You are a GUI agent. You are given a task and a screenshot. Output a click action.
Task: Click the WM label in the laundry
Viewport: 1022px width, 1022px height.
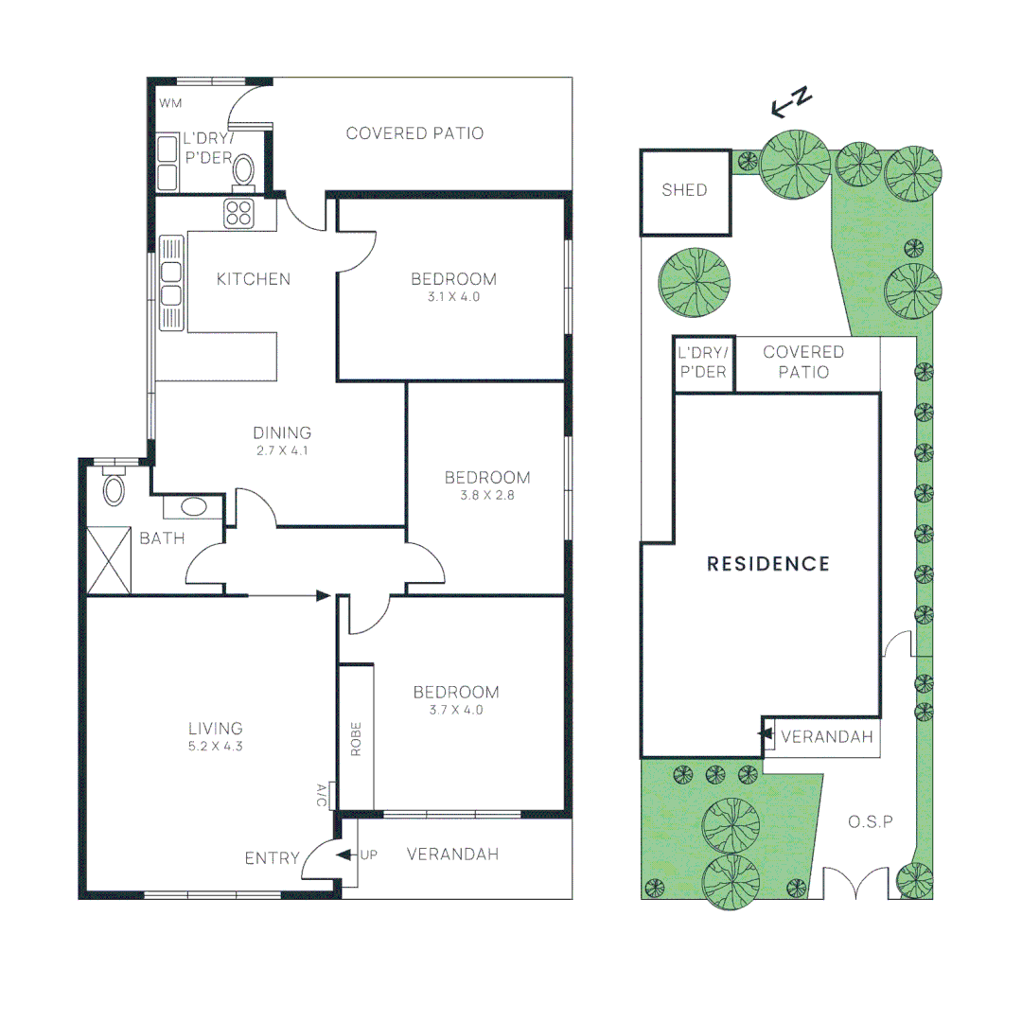[x=170, y=103]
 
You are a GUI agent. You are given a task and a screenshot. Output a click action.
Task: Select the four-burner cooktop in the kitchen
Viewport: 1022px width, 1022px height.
[x=238, y=213]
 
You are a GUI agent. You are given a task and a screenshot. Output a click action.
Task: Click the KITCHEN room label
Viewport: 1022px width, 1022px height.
[x=254, y=279]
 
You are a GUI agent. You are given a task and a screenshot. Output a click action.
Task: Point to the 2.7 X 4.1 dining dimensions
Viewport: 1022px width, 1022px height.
[x=282, y=450]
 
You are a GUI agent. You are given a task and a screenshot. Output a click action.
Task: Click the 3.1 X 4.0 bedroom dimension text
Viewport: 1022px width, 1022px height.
[x=453, y=296]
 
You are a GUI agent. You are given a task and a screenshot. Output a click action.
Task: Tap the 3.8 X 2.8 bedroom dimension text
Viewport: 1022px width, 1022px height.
[x=487, y=495]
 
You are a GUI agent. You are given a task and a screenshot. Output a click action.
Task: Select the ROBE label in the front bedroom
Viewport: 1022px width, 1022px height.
[x=356, y=738]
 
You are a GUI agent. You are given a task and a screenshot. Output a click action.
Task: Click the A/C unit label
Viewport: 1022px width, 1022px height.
[x=322, y=795]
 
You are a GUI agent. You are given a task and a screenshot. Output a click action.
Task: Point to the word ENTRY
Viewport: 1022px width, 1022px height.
[x=272, y=858]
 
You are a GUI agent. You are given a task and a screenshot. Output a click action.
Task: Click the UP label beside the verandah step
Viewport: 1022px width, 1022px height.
[x=369, y=855]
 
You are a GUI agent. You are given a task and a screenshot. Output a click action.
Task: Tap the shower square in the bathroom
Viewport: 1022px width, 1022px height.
[x=109, y=560]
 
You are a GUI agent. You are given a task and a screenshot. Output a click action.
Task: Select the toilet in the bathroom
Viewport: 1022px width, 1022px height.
[x=115, y=487]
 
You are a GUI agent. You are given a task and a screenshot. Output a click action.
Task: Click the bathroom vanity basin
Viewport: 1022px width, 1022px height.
[x=194, y=507]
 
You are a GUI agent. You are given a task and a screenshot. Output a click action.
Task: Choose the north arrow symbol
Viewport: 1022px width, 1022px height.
[x=791, y=102]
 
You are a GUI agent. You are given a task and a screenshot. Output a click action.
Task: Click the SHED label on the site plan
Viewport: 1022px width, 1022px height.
[x=684, y=189]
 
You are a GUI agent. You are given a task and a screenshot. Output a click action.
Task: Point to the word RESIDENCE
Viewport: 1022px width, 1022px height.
[x=768, y=564]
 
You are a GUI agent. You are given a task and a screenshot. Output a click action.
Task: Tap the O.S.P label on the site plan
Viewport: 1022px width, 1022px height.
[x=871, y=822]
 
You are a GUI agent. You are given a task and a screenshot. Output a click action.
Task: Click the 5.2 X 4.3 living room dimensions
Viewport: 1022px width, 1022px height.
[x=216, y=747]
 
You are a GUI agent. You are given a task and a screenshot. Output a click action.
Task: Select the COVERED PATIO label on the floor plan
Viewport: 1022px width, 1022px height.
[x=414, y=133]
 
